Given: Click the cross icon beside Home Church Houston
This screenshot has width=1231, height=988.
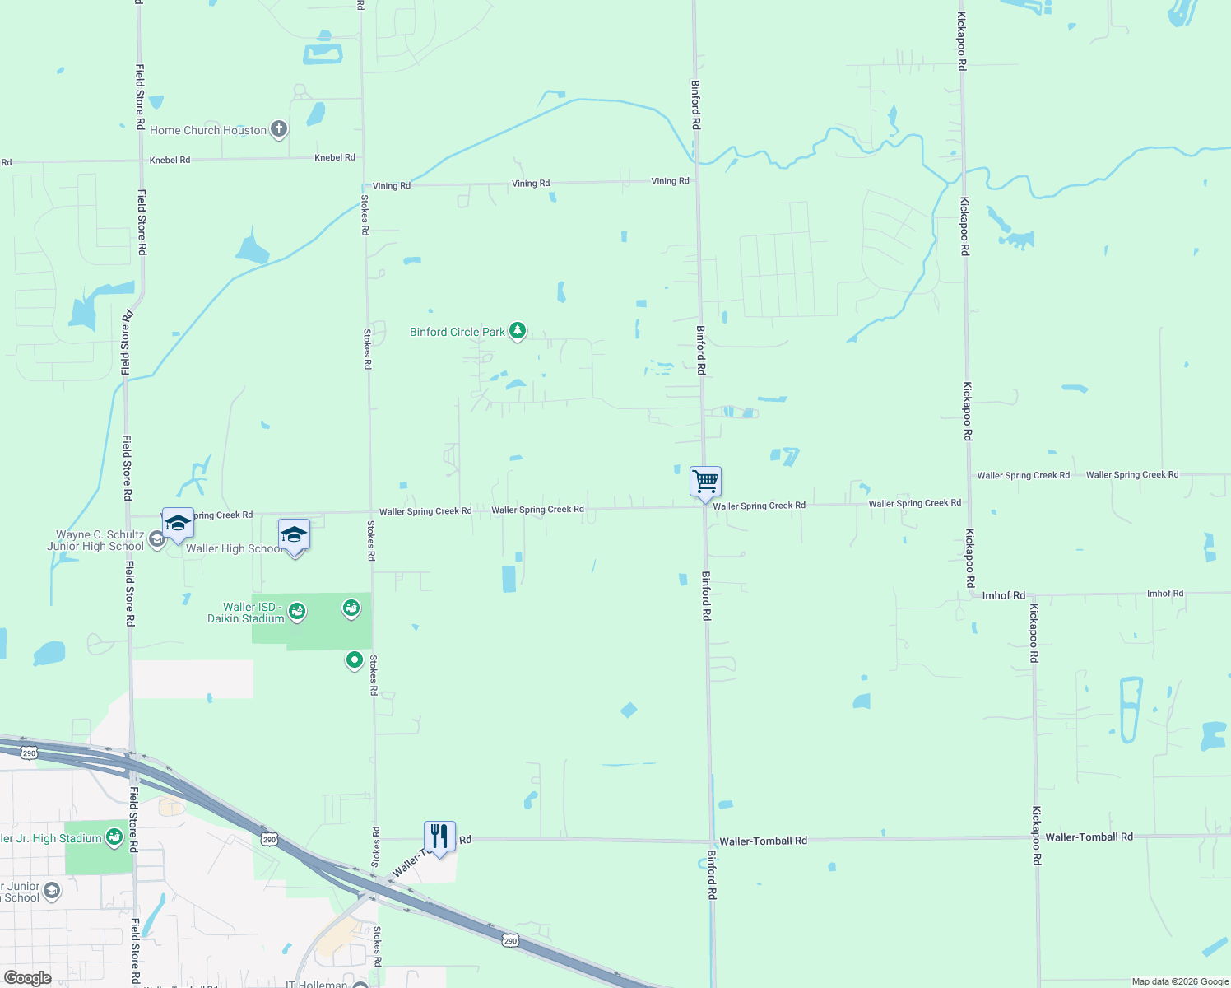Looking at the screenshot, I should pos(279,128).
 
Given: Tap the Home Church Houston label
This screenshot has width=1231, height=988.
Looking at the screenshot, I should pos(208,130).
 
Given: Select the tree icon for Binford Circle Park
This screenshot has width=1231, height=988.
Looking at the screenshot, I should pos(517,331).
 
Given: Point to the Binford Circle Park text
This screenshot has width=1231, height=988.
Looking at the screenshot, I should pos(458,332).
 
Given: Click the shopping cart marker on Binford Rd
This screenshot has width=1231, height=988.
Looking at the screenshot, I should pos(705,481).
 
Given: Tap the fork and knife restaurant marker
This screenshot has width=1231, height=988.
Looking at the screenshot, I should pos(439,837).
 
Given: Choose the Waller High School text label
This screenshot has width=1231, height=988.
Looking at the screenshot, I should pos(234,548).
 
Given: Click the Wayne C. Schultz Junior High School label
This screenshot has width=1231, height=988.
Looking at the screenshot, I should pos(97,540).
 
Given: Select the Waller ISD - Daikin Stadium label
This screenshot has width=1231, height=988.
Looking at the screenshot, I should pos(245,613).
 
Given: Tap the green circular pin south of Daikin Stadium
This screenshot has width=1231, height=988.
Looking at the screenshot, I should pos(355,659).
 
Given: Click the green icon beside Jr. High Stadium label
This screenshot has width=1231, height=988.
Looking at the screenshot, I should pos(114,837).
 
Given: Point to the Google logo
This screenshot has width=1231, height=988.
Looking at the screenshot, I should pos(27,978).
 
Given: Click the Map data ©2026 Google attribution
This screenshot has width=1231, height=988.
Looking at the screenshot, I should pos(1180,981).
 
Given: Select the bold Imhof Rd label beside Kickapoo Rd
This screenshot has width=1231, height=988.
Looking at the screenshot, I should pos(1004,595).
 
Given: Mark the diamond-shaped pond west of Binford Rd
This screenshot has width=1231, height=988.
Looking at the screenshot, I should pos(629,710).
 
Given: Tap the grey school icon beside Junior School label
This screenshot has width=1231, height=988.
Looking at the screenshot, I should pos(52,891).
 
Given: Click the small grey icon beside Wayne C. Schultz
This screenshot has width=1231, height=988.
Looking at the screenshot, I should pos(156,539).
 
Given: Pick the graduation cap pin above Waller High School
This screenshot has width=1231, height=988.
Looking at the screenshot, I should pos(294,534).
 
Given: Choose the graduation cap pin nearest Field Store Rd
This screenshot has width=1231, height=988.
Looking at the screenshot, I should pos(178,523).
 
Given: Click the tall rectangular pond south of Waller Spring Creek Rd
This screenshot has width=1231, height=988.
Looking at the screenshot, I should pos(509,579).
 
